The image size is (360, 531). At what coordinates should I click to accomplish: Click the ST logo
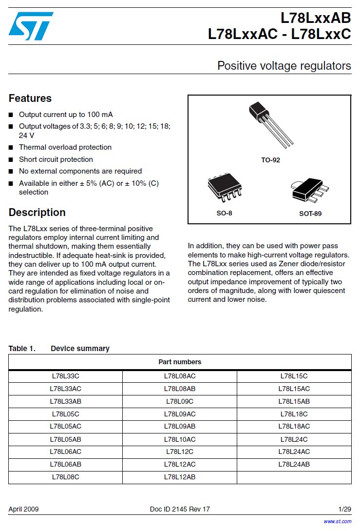tap(31, 26)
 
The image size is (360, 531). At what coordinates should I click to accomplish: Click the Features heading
tap(30, 98)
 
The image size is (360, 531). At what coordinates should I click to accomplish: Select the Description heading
tap(37, 213)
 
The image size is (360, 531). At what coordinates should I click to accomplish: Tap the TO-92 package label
tap(270, 160)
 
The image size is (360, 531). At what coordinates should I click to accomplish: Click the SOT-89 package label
tap(310, 214)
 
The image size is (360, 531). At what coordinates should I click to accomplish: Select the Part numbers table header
tap(180, 362)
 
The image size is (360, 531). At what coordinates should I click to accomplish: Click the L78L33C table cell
tap(65, 376)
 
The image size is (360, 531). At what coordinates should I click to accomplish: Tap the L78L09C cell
tap(180, 401)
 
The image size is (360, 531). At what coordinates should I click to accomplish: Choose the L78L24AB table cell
tap(294, 464)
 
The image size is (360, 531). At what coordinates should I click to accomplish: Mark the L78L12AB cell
tap(180, 477)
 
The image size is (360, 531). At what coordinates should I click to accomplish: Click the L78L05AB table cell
tap(65, 439)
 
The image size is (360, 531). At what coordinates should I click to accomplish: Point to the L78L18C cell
tap(294, 414)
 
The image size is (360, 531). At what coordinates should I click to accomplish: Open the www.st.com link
tap(337, 521)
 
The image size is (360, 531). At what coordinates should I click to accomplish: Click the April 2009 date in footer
tap(23, 509)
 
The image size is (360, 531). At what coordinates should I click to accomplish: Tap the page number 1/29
tap(344, 509)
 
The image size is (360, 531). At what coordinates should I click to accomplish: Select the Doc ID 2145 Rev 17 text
tap(180, 509)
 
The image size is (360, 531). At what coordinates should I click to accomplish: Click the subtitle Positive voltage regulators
tap(284, 66)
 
